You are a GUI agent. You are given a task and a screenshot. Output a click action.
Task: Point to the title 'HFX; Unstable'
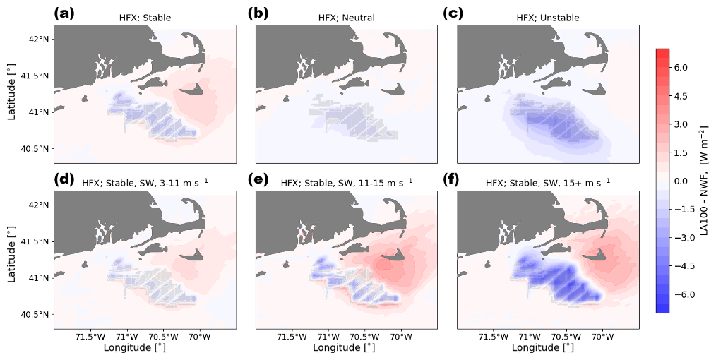[x=549, y=18]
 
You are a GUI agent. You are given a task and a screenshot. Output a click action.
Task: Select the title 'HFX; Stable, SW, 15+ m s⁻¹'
[x=549, y=184]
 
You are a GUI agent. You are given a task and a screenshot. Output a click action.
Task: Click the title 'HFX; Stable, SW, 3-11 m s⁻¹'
[x=145, y=184]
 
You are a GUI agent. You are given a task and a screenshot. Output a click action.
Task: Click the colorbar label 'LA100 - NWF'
[x=704, y=181]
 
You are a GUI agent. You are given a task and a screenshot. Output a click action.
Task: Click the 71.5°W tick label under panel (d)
[x=90, y=337]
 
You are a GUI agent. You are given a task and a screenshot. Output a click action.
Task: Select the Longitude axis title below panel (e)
[x=347, y=348]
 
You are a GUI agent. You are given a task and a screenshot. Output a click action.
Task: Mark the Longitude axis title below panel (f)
[x=549, y=348]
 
